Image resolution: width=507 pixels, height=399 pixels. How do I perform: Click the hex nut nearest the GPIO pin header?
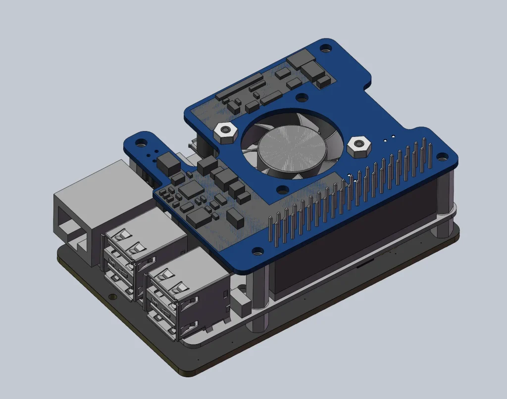coord(357,147)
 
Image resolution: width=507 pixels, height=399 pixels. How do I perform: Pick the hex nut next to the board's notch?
coord(224,133)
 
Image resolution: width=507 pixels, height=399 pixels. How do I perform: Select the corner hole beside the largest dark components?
coord(326,49)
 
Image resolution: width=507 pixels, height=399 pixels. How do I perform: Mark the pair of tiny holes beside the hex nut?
coord(390,137)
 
